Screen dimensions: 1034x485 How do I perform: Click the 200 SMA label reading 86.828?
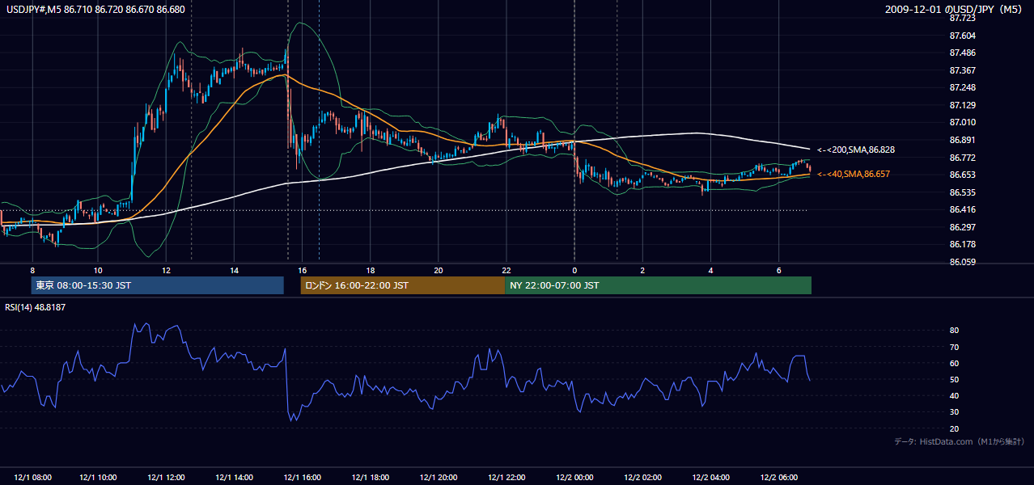coord(856,150)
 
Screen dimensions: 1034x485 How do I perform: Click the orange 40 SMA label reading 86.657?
coord(854,174)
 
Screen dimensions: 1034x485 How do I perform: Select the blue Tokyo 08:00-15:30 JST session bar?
coord(158,285)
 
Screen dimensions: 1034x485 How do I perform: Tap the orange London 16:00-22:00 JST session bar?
coord(403,285)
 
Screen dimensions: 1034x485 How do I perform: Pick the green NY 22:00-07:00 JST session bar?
coord(659,285)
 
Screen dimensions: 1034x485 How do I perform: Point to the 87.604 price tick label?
coord(963,36)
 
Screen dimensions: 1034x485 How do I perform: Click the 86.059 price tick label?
coord(963,262)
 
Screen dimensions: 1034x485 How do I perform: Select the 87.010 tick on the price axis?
coord(963,122)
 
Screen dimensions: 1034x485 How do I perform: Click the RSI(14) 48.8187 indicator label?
coord(35,307)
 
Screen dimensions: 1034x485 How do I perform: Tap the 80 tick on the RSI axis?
coord(954,330)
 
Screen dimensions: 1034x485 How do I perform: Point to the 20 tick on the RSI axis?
coord(954,428)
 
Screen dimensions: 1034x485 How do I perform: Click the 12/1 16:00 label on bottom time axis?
coord(303,477)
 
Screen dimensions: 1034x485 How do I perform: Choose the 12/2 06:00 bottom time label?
coord(778,477)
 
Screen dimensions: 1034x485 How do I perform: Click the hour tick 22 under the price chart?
coord(506,271)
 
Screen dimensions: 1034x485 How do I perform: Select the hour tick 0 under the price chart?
coord(574,271)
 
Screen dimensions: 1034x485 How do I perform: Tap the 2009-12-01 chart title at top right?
coord(953,9)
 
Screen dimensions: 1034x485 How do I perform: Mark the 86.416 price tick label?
coord(963,209)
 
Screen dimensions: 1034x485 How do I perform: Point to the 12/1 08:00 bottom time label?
coord(33,477)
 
